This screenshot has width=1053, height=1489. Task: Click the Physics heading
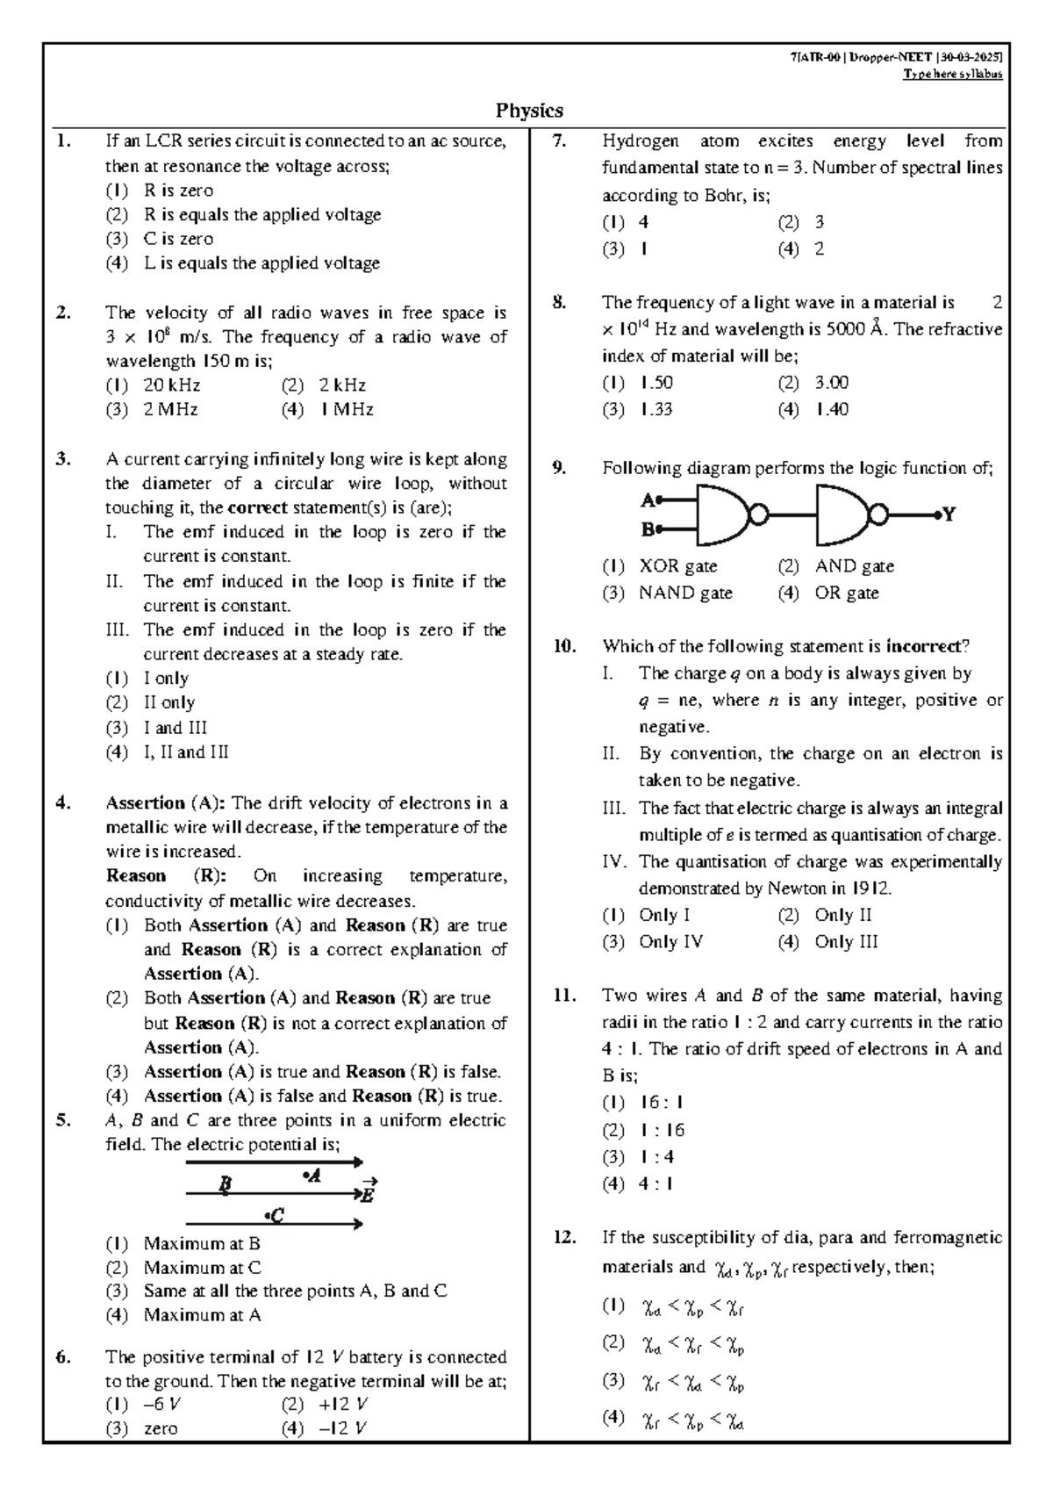[529, 111]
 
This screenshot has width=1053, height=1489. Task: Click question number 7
[559, 140]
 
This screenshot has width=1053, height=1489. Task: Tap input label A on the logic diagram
[648, 500]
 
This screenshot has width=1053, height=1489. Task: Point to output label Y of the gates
[949, 514]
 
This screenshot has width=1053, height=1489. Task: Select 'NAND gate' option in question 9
[684, 593]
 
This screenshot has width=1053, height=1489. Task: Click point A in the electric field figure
[312, 1176]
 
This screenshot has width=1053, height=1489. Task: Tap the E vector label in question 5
[368, 1193]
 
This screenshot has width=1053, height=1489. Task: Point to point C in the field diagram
[275, 1216]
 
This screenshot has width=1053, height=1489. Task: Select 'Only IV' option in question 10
[670, 942]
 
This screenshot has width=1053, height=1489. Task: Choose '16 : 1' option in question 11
[662, 1103]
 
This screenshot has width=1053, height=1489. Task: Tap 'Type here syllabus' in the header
[952, 74]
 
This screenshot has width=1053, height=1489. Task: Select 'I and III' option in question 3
[175, 728]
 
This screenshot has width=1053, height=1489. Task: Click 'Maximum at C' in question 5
[202, 1268]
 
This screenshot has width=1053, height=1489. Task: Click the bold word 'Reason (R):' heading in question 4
[166, 876]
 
